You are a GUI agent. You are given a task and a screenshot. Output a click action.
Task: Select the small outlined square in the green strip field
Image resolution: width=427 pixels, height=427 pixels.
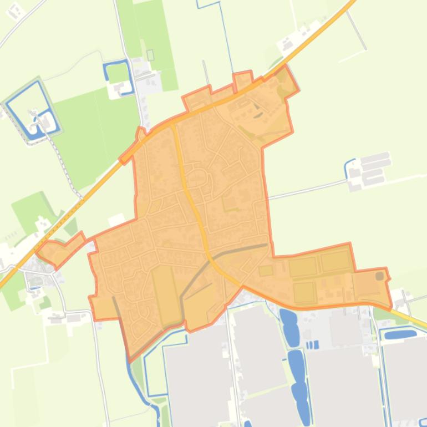(150, 55)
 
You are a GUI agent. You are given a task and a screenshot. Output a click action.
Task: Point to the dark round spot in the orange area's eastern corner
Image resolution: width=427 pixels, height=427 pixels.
(379, 276)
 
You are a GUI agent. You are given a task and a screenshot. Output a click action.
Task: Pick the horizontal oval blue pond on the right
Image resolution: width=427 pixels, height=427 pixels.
(400, 334)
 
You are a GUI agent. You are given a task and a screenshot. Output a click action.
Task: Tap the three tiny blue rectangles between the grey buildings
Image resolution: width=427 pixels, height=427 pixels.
(313, 345)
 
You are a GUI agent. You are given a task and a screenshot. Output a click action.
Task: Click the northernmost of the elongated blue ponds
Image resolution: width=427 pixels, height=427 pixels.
(288, 317)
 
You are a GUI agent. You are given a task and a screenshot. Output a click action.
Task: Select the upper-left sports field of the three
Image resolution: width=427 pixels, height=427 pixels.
(303, 267)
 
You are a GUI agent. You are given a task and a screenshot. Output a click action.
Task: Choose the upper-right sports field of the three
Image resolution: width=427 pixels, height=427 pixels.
(335, 261)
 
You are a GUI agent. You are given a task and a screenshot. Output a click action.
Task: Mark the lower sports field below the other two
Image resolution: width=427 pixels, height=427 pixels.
(304, 292)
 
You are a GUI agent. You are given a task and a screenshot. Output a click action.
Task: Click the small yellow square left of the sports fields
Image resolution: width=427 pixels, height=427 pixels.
(266, 271)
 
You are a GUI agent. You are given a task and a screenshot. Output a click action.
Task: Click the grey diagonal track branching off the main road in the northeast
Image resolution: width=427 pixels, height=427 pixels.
(357, 28)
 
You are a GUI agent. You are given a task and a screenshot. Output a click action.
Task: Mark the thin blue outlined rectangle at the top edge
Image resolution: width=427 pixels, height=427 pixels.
(209, 4)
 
